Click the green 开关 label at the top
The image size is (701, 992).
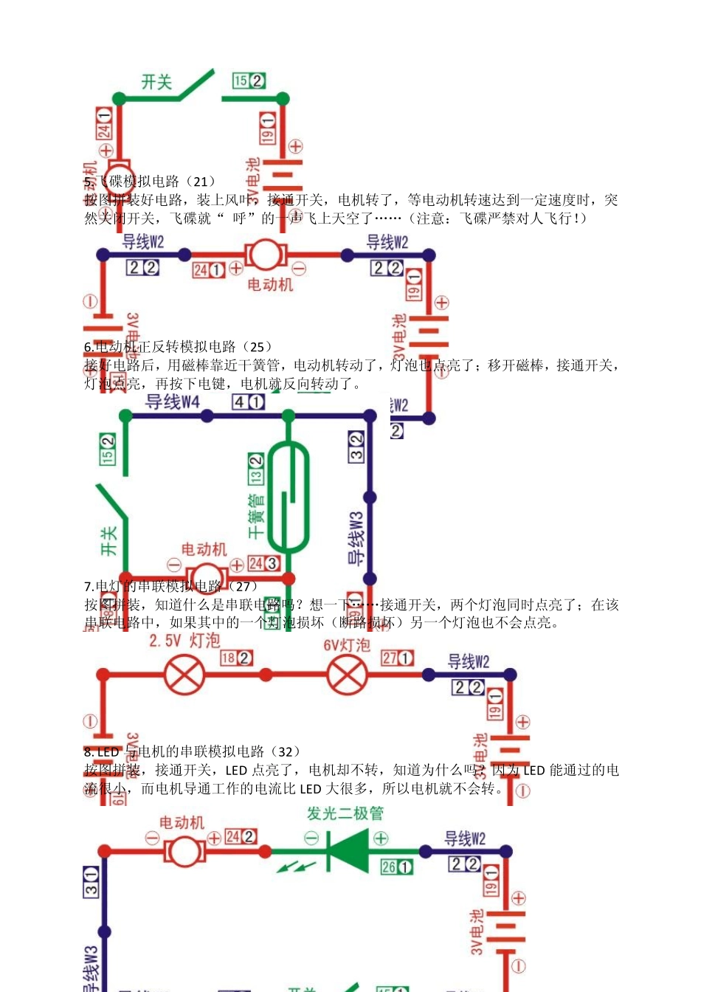156,82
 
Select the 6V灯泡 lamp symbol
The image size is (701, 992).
347,674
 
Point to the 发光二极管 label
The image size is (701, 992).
345,813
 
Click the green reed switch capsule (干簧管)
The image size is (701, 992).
288,496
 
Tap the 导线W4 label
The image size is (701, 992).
173,402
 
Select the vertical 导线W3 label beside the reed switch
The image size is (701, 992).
356,538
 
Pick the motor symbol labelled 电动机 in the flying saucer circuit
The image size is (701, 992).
266,255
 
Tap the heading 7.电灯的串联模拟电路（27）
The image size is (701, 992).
171,586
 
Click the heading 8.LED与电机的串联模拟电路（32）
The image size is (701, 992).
192,751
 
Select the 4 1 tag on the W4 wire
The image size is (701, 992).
248,402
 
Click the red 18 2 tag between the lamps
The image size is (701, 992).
236,658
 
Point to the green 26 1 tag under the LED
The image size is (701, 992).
396,867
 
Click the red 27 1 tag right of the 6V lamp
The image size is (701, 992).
397,658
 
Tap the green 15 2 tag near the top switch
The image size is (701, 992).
249,81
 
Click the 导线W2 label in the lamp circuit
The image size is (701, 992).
468,662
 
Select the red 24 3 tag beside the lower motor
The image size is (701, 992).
263,563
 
